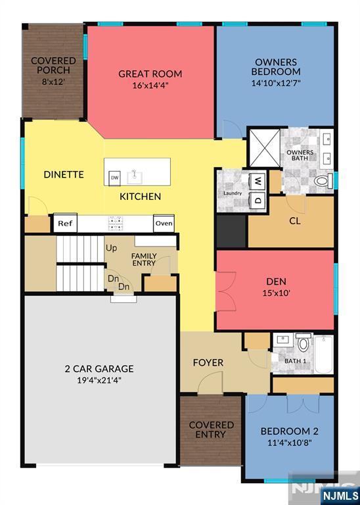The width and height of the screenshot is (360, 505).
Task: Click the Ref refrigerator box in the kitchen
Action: (65, 223)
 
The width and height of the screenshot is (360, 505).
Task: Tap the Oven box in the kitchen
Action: (164, 223)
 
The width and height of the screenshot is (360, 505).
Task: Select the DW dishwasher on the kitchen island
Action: (114, 178)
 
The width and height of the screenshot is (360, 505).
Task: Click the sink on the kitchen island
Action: (135, 177)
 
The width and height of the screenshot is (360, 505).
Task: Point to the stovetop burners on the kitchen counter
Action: (116, 224)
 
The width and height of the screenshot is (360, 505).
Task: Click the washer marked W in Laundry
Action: (259, 181)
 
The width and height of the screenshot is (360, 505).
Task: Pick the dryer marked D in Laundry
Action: (259, 200)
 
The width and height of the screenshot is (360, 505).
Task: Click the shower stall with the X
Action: (265, 148)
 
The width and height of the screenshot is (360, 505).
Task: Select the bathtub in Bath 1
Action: (324, 354)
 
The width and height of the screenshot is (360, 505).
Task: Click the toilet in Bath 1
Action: (304, 343)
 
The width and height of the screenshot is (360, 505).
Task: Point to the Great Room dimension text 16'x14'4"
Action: (150, 86)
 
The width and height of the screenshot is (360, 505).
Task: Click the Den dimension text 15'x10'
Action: (277, 293)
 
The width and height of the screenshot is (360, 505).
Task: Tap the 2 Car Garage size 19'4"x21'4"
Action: (99, 380)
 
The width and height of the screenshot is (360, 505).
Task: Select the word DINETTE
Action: (64, 174)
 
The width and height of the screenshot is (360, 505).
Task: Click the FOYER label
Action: (208, 363)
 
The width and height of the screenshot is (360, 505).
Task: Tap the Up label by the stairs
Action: (111, 249)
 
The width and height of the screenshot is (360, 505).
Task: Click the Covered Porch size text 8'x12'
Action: (53, 82)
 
